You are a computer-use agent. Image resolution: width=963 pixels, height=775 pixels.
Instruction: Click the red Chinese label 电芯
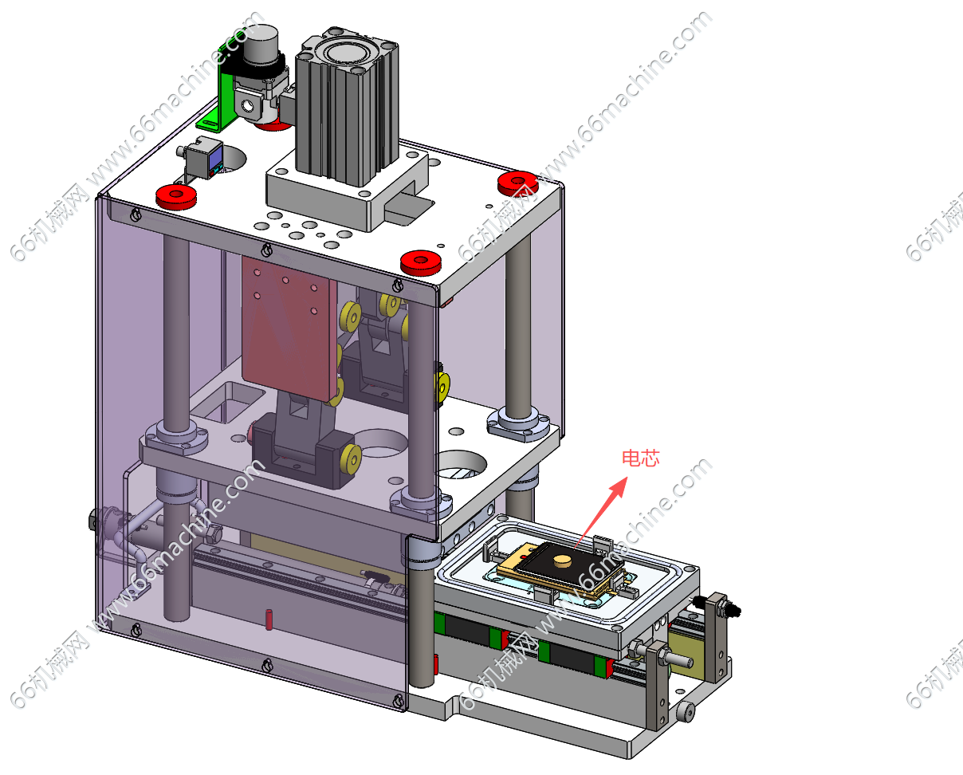[640, 458]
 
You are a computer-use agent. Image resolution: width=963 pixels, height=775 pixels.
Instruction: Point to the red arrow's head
[619, 486]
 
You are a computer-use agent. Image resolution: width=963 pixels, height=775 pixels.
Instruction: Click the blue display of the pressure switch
[216, 158]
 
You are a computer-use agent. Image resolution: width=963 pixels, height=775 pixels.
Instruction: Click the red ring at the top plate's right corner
[517, 183]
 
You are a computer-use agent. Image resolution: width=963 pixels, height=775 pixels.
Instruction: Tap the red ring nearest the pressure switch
[176, 196]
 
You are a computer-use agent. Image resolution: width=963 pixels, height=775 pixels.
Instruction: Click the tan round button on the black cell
[563, 561]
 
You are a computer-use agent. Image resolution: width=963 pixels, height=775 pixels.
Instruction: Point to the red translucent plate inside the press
[289, 328]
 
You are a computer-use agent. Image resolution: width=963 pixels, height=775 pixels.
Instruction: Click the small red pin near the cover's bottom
[269, 620]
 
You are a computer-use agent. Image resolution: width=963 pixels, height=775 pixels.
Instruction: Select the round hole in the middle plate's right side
[460, 464]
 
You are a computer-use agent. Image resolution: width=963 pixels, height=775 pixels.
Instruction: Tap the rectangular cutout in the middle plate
[228, 402]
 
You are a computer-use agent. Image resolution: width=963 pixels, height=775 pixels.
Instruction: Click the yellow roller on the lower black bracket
[352, 458]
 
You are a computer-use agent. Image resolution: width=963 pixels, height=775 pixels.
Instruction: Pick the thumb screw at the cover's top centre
[268, 250]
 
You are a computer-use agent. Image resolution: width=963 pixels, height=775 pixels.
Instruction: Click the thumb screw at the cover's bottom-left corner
[136, 630]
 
